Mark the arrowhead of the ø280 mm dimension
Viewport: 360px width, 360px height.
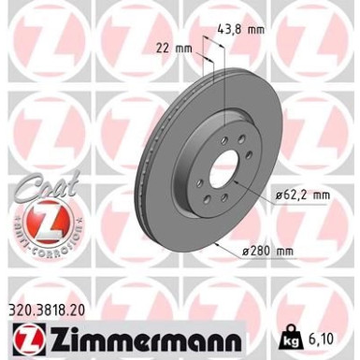coord(217,245)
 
